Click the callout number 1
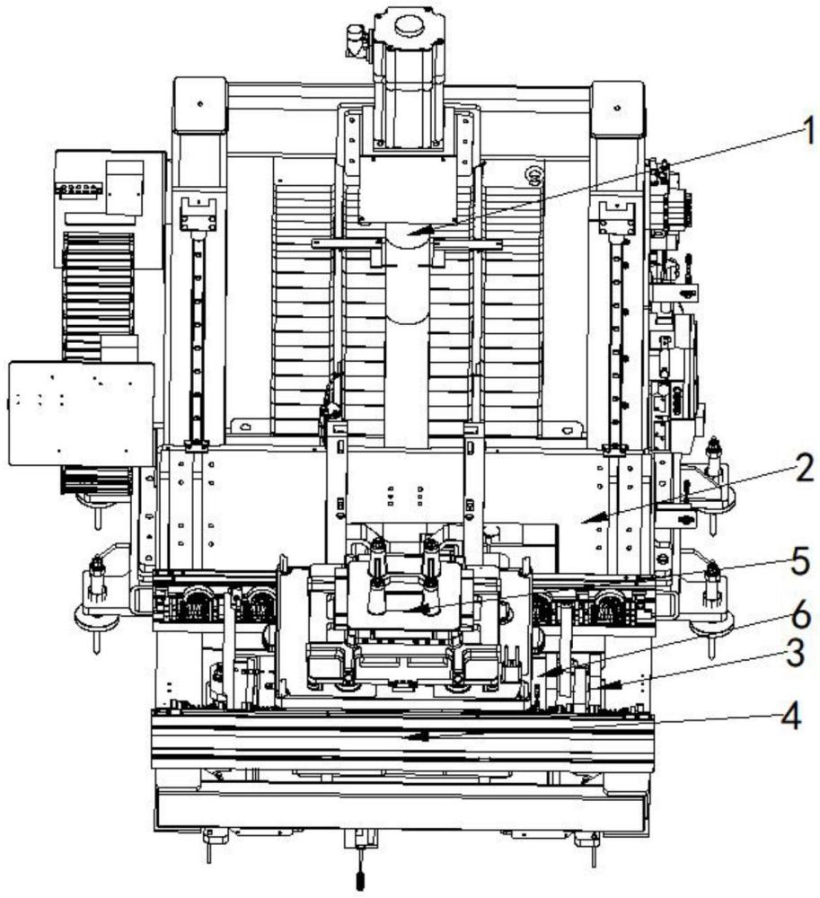808,130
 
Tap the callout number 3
796,653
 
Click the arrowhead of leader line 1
417,231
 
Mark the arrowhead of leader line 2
589,518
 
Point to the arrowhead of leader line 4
418,736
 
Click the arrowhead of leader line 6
546,673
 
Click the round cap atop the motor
409,26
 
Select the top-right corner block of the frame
617,109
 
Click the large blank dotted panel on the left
82,413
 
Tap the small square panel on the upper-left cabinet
125,188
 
